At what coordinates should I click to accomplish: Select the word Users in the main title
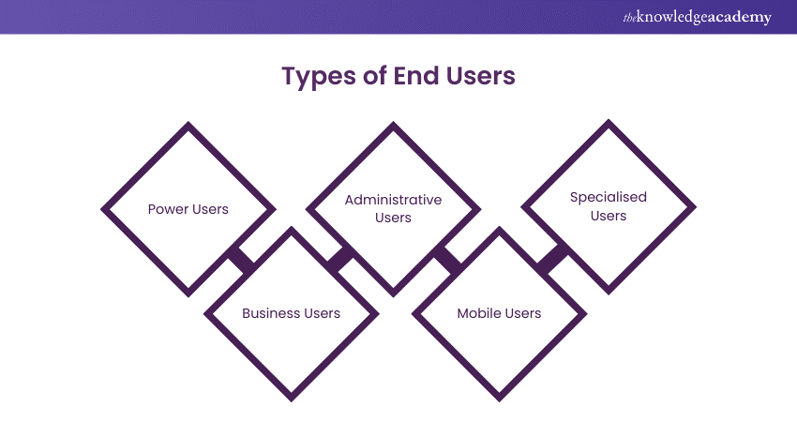click(x=482, y=76)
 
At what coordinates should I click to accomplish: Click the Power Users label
click(x=188, y=208)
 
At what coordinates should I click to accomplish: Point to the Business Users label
click(x=291, y=312)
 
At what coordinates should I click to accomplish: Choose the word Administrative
click(x=393, y=200)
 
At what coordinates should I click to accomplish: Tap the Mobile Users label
click(x=499, y=312)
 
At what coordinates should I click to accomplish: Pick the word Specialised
click(x=609, y=198)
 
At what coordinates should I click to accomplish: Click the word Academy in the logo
click(x=739, y=18)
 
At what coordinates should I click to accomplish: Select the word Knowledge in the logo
click(x=669, y=18)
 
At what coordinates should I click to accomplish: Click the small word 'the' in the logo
click(x=629, y=16)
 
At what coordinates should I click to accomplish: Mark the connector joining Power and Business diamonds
click(x=242, y=260)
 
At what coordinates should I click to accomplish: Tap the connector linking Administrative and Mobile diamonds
click(x=447, y=260)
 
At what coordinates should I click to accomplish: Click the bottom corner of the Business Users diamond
click(x=292, y=399)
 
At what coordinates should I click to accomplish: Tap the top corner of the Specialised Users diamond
click(x=609, y=121)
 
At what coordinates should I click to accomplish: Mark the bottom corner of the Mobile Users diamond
click(x=499, y=399)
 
